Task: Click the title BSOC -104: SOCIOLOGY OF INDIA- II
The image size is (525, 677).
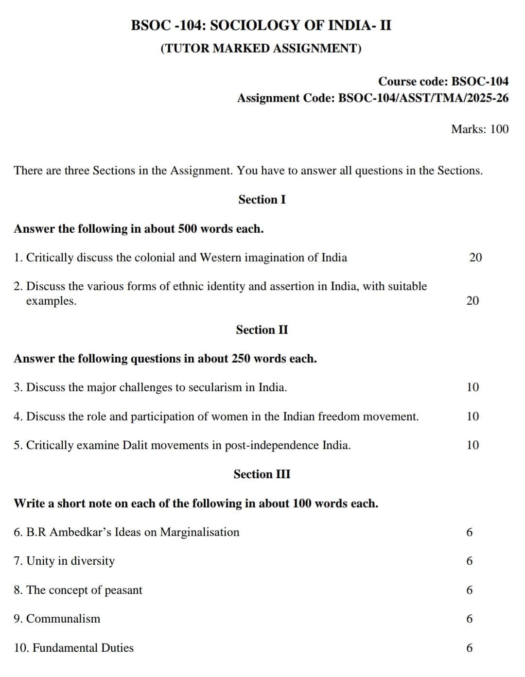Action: [261, 25]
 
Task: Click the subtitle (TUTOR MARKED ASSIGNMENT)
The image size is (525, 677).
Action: [261, 48]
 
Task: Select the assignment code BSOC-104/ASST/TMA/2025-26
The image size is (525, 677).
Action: [423, 98]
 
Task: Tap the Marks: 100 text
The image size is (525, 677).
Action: [479, 129]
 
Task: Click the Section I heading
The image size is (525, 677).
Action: [262, 199]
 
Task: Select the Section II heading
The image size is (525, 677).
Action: [262, 330]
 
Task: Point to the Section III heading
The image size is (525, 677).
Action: [262, 474]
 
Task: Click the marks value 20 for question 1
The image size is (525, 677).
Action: [475, 258]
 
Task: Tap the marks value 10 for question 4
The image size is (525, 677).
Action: [472, 417]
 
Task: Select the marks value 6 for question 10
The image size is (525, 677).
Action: [469, 648]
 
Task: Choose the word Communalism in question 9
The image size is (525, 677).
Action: [63, 619]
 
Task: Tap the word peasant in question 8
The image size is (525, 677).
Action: [123, 590]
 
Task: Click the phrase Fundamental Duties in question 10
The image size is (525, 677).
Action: [83, 648]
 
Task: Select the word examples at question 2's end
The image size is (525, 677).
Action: [51, 301]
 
